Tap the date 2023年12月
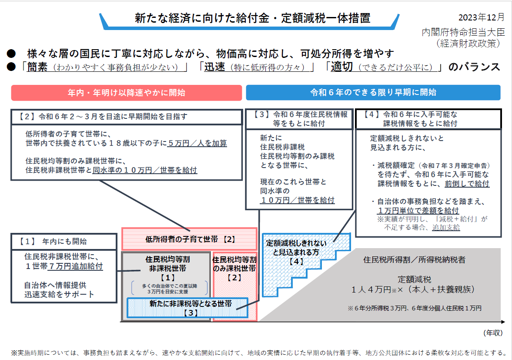[482, 17]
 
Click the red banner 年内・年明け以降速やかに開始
[127, 93]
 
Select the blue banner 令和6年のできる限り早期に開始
[373, 93]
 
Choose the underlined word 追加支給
[446, 227]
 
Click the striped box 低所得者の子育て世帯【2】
[190, 239]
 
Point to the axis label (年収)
[493, 333]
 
